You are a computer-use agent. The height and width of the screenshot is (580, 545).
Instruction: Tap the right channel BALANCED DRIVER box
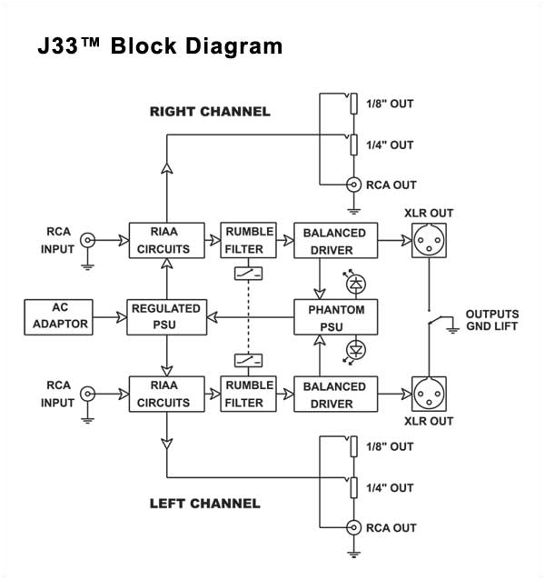pyautogui.click(x=334, y=240)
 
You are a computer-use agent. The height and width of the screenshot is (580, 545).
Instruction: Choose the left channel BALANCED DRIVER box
pyautogui.click(x=334, y=394)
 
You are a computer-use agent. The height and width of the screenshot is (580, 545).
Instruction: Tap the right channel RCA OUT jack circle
pyautogui.click(x=354, y=185)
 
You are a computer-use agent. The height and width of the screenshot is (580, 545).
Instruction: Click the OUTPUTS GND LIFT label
pyautogui.click(x=491, y=320)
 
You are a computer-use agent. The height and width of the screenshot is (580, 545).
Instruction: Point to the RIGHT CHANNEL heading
pyautogui.click(x=210, y=112)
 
